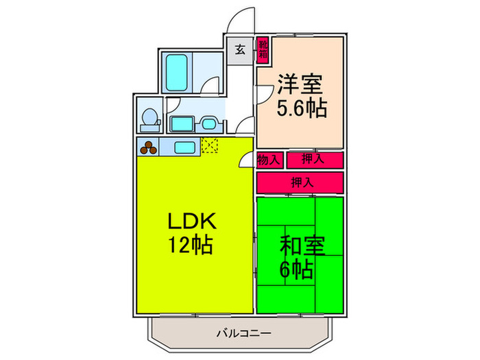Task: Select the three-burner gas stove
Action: pos(149,146)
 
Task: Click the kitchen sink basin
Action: pos(183,146)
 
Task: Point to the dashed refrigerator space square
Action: pos(209,145)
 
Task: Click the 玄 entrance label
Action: pos(241,50)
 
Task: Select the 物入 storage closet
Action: pos(269,160)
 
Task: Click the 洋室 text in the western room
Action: pos(300,86)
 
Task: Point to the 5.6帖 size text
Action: pos(301,108)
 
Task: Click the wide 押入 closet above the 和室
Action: pos(300,182)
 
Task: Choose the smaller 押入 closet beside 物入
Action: pos(313,160)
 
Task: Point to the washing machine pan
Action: pos(181,124)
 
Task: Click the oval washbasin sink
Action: pos(208,124)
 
